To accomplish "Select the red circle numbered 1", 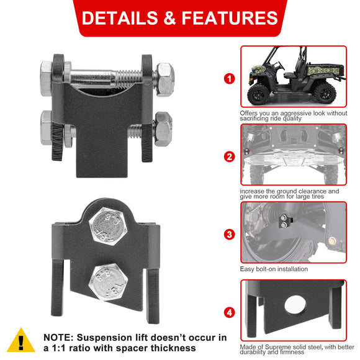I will (x=230, y=79).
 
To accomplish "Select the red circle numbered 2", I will (x=230, y=156).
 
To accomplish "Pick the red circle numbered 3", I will (x=230, y=235).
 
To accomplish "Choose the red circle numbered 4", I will (x=230, y=312).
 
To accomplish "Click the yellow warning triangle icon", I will (x=20, y=341).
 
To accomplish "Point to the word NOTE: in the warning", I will (x=60, y=337).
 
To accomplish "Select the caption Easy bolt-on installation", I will (x=274, y=269).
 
